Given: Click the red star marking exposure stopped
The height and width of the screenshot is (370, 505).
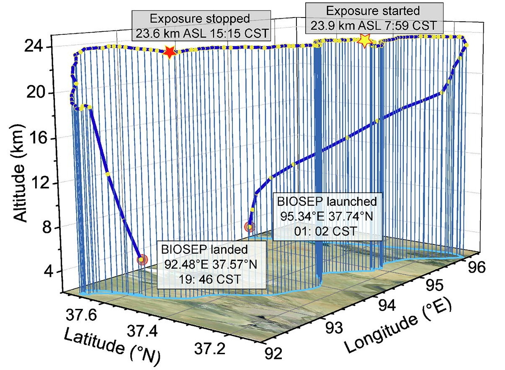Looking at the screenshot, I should tap(169, 52).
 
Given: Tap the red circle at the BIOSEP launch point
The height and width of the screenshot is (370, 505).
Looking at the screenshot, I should tap(250, 227).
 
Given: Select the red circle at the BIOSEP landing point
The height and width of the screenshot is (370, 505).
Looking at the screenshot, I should tap(142, 260).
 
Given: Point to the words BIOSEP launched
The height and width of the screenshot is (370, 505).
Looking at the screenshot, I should tap(327, 201).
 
